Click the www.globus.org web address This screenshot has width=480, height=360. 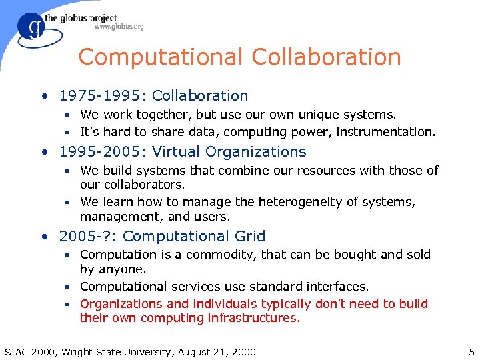(x=119, y=27)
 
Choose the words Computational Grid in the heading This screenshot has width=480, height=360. (x=194, y=236)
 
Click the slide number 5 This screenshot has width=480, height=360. (x=471, y=352)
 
